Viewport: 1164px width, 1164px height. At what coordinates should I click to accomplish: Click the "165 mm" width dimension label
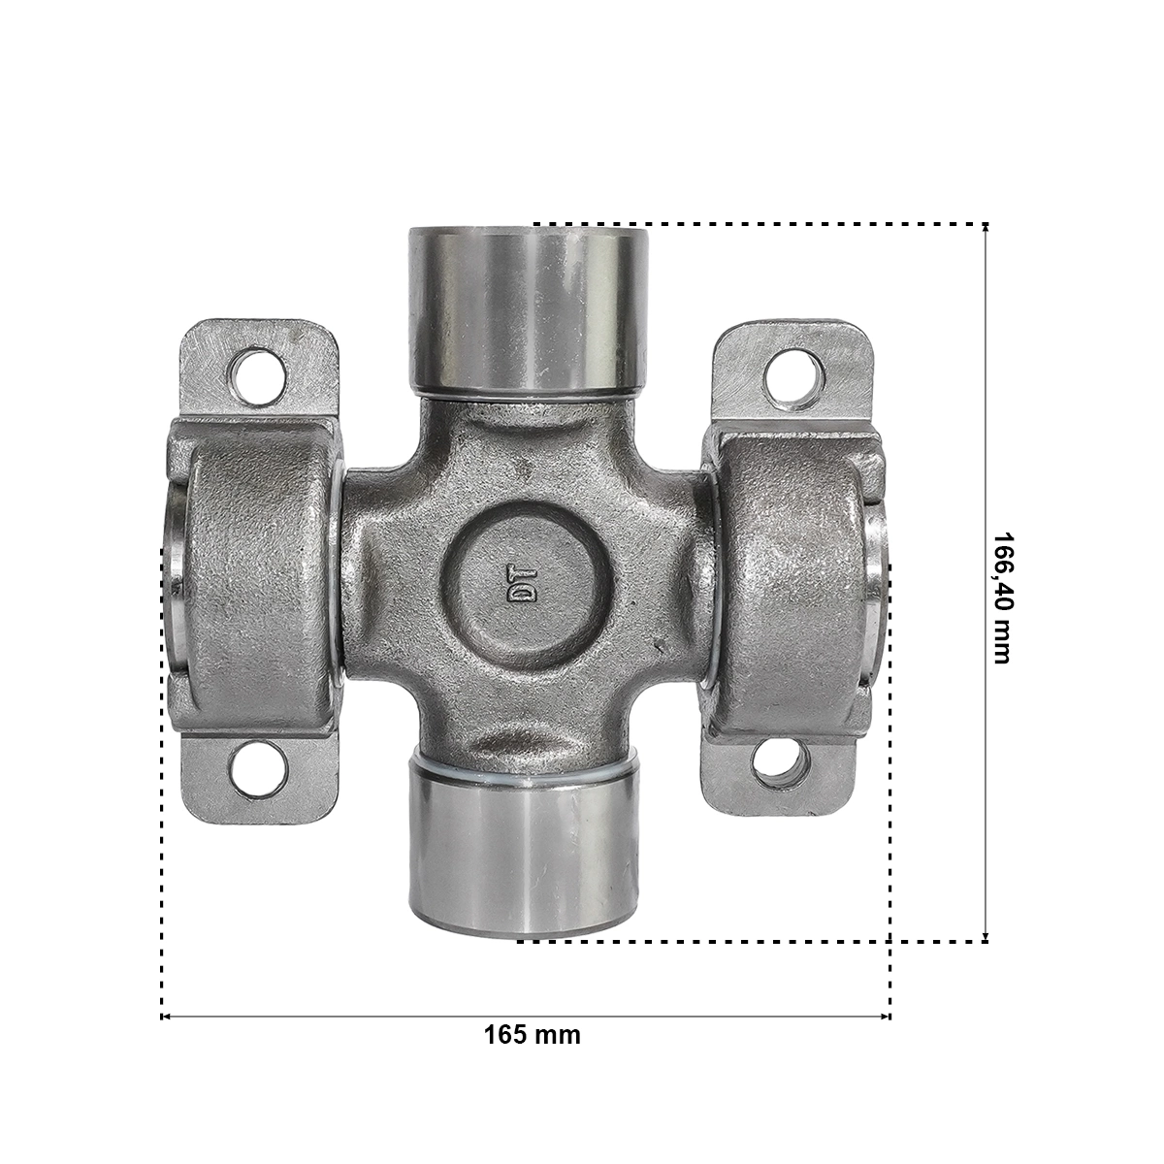tap(533, 1035)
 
